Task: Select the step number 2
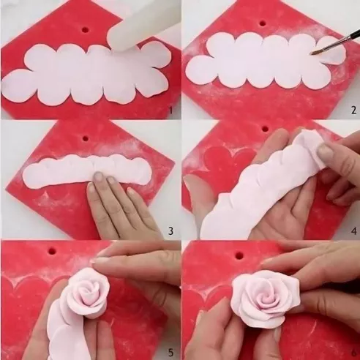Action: click(x=352, y=110)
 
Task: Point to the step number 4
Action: click(x=352, y=230)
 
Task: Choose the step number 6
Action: click(x=352, y=352)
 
